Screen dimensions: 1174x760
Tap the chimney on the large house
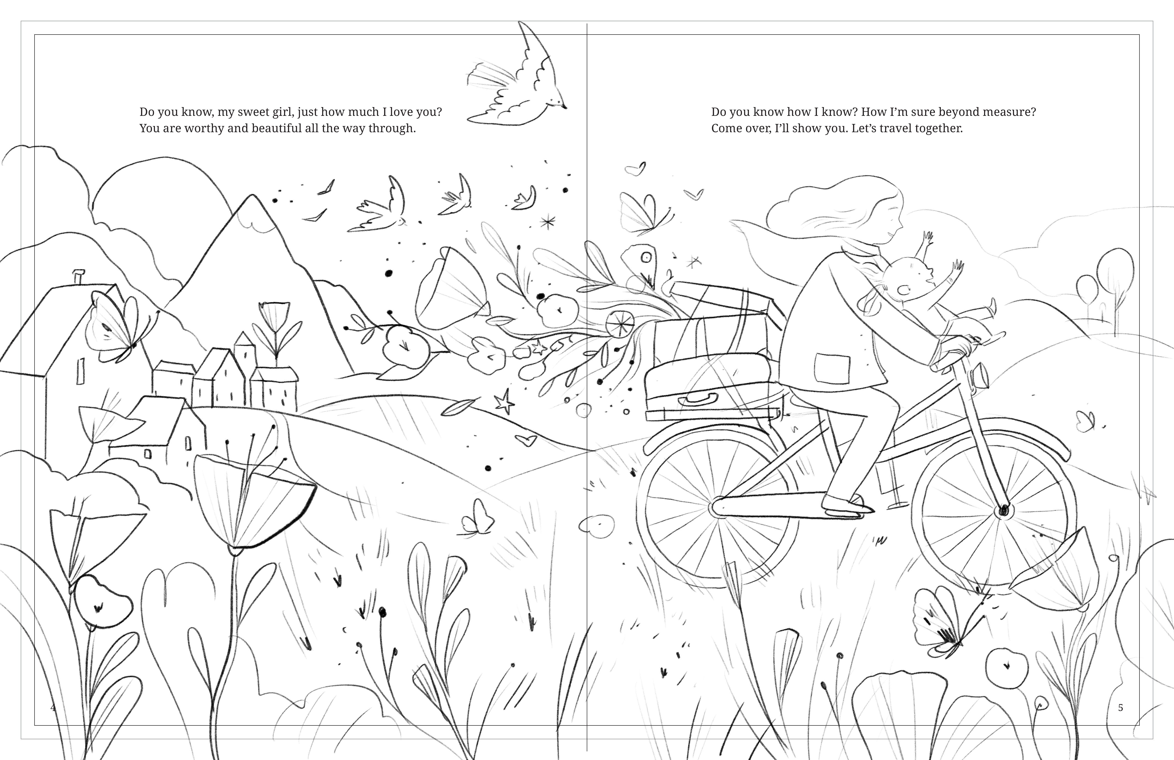tap(78, 276)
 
